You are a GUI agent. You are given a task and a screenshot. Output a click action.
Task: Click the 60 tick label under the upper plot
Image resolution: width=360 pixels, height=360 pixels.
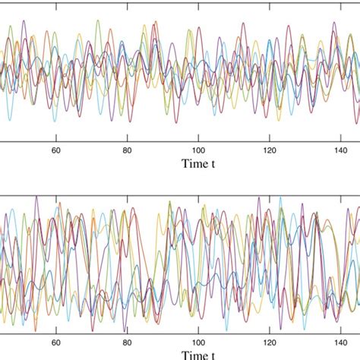click(x=55, y=150)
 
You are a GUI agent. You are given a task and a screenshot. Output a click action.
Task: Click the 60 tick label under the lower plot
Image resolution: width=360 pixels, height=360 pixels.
click(x=55, y=342)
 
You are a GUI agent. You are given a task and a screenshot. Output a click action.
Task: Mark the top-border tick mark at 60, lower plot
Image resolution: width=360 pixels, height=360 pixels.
click(x=55, y=195)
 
